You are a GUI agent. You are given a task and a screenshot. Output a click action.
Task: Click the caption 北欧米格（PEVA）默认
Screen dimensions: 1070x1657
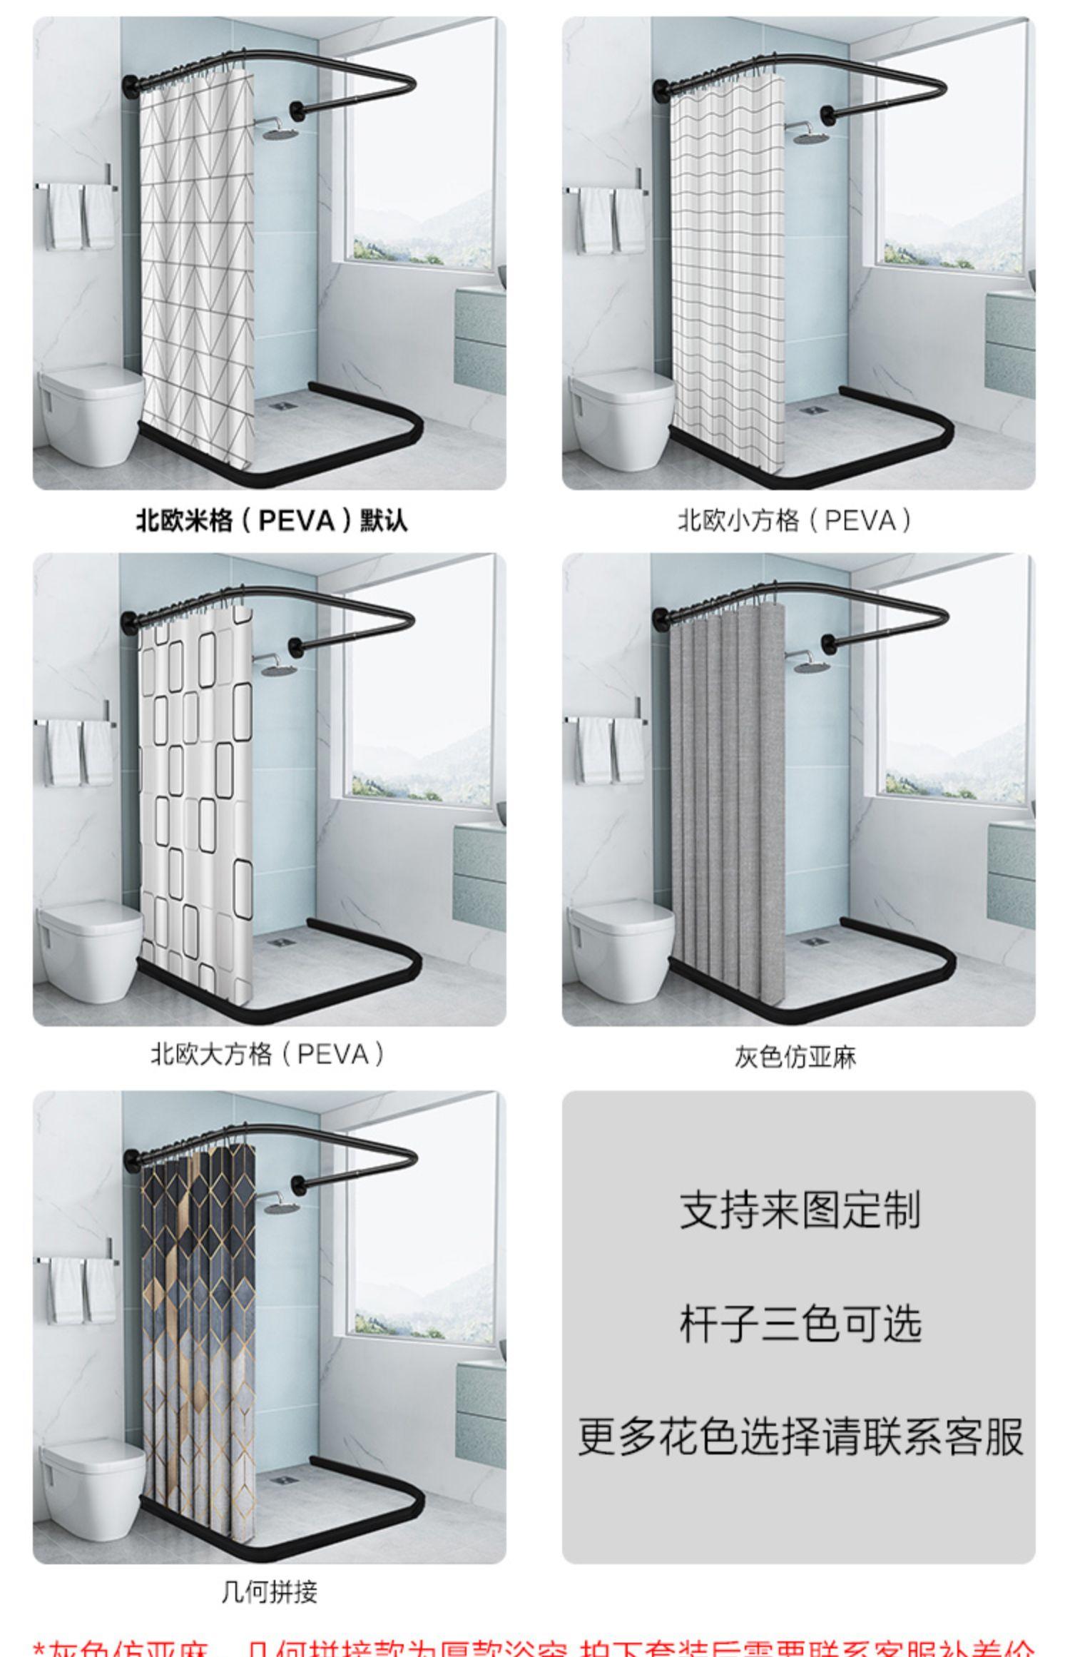click(x=271, y=520)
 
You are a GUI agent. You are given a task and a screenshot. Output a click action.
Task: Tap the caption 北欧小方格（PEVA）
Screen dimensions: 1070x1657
click(x=795, y=520)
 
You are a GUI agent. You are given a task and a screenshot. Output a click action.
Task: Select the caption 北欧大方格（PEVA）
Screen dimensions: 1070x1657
click(x=268, y=1053)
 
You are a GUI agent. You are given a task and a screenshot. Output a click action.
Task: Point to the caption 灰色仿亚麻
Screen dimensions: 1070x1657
click(x=795, y=1056)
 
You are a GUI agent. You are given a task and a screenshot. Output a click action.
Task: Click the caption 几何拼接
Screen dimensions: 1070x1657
click(x=269, y=1591)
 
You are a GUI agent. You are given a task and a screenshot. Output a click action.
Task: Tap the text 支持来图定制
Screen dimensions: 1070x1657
click(x=799, y=1210)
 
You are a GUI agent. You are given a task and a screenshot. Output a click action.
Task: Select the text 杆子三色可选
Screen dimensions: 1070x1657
click(x=799, y=1324)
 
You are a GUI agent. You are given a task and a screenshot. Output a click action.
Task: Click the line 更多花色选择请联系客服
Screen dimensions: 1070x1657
click(x=799, y=1436)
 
